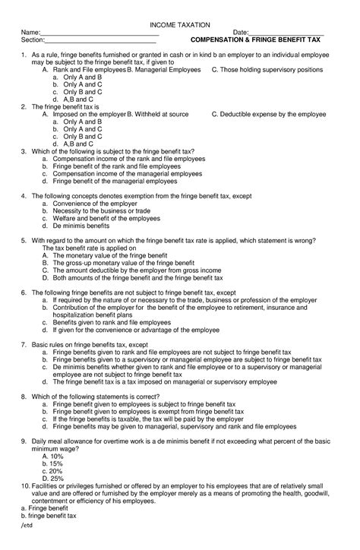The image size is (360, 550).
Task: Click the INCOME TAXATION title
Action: point(179,25)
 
